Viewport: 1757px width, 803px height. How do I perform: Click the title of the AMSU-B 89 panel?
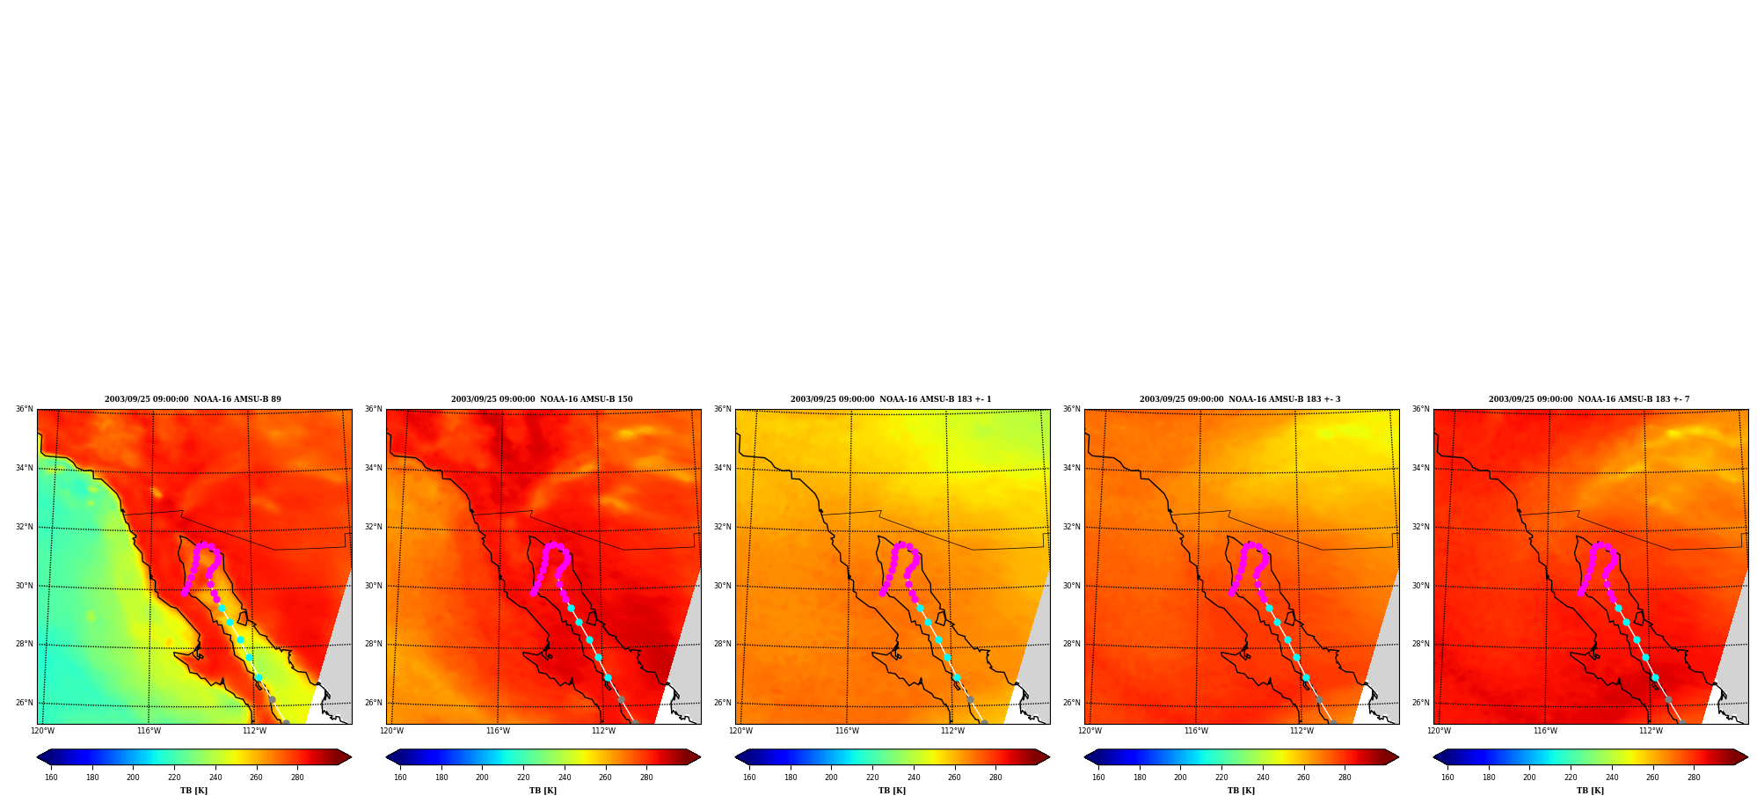coord(193,399)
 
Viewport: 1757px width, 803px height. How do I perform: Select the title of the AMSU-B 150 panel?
coord(542,399)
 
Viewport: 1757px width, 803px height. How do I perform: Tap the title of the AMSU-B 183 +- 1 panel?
coord(891,399)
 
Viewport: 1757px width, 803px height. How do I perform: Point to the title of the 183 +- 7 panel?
coord(1589,399)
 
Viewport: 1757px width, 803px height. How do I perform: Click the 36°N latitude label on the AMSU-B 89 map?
coord(24,409)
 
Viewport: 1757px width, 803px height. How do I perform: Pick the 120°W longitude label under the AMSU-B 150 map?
coord(391,731)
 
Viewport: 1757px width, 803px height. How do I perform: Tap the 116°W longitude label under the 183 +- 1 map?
coord(847,731)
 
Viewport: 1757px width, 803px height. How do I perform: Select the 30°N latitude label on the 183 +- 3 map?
coord(1071,586)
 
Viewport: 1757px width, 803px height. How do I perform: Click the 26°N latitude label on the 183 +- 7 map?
coord(1420,703)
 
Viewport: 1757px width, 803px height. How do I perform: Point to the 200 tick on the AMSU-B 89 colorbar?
coord(133,777)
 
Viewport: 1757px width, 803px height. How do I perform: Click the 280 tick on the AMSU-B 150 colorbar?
coord(646,777)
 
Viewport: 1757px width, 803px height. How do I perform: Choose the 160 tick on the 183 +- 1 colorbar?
coord(749,777)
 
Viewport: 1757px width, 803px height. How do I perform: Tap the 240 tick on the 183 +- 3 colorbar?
coord(1263,777)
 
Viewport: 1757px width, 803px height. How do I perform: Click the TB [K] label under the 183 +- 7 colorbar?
coord(1590,791)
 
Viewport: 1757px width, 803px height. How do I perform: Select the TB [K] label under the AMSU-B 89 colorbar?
coord(193,791)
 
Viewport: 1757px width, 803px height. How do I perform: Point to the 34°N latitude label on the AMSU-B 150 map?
coord(373,468)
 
